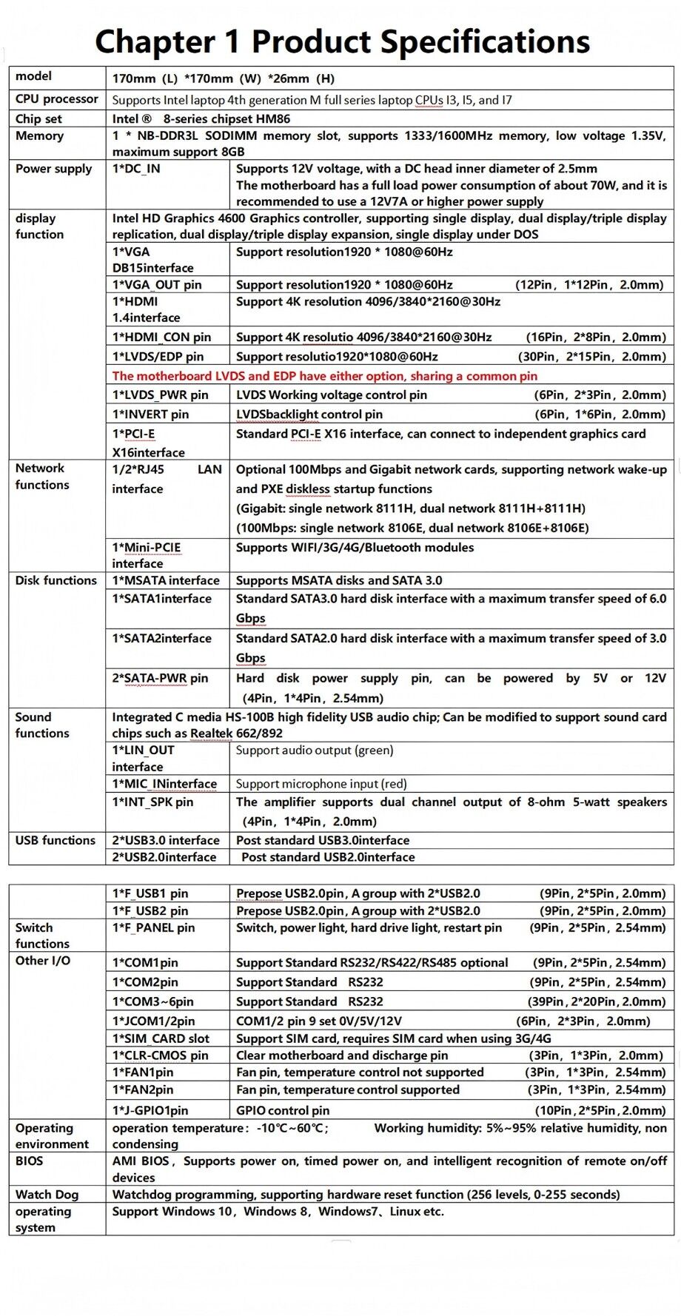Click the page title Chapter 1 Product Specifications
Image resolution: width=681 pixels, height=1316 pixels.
(342, 41)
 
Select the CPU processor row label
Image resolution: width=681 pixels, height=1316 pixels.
(57, 99)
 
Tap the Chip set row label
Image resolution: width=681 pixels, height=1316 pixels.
(38, 118)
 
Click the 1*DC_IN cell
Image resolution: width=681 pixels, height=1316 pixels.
(136, 169)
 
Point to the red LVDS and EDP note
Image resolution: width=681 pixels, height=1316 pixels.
(324, 376)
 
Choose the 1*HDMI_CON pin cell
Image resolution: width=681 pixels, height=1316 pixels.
(161, 338)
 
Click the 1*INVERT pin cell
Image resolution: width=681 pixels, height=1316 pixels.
(150, 414)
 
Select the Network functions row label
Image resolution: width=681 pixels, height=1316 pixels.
(42, 477)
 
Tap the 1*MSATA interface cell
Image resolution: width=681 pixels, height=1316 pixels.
(166, 581)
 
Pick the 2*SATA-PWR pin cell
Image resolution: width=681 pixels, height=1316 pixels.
(160, 679)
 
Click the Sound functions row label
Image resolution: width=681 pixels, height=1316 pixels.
(42, 725)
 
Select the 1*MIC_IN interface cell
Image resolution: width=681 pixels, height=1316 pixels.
(164, 784)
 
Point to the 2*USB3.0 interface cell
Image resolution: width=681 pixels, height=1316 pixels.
(166, 841)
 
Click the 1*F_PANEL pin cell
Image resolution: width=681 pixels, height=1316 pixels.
(153, 928)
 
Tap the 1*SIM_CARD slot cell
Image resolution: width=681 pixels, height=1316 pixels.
(161, 1039)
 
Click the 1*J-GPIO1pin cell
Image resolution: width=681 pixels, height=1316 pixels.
(150, 1111)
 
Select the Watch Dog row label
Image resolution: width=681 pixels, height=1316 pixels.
(47, 1195)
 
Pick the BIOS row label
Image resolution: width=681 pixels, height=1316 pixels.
(30, 1161)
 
